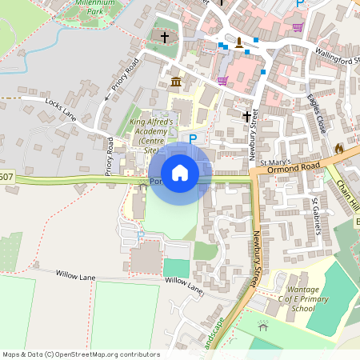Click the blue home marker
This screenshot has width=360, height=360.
pos(180,172)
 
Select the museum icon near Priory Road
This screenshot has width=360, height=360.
pos(176,82)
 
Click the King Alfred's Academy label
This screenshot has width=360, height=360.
pos(151,132)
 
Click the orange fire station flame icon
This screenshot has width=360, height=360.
pos(339,150)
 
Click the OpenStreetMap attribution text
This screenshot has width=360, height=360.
pos(81,354)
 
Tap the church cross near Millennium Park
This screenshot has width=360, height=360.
pos(165,37)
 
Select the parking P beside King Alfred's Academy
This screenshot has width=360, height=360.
pos(192,138)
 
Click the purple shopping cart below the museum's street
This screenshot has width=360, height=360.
pos(222,80)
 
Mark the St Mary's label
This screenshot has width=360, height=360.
pos(272,162)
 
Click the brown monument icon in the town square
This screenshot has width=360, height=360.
pos(238,42)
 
